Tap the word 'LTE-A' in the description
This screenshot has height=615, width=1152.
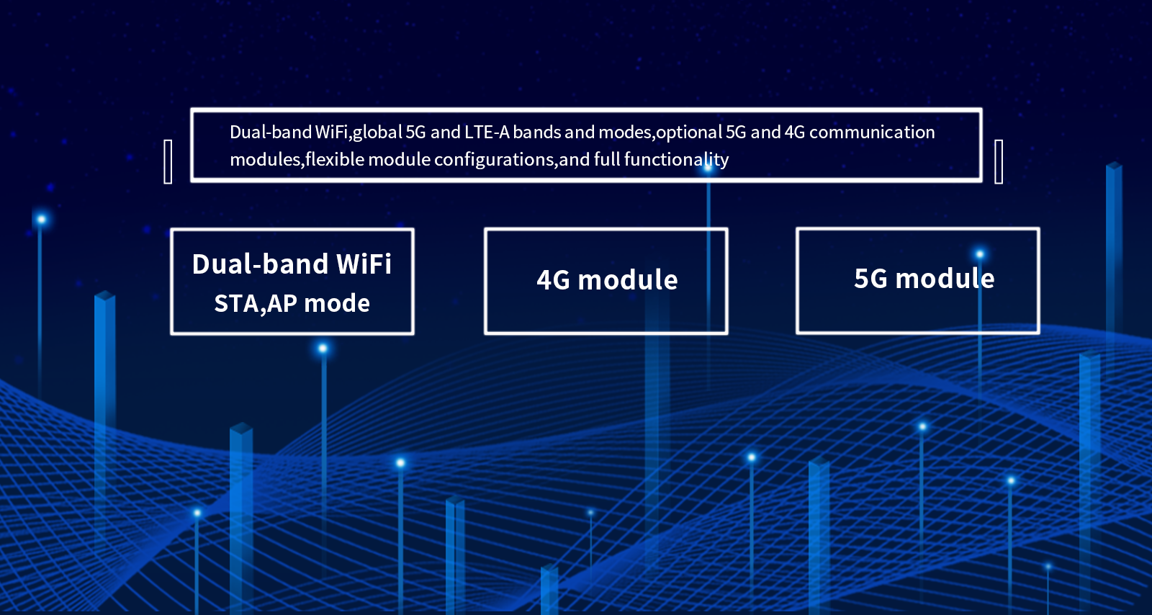click(487, 133)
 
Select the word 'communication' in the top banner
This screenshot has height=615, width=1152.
click(872, 133)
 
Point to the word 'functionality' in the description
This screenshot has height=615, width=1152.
click(676, 160)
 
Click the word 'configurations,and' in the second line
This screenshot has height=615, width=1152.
click(511, 160)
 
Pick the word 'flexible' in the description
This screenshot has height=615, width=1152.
click(334, 159)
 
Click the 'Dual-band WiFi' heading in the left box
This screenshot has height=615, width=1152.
click(292, 264)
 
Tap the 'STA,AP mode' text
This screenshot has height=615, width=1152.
click(292, 303)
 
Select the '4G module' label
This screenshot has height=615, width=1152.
click(607, 280)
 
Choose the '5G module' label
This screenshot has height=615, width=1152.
click(924, 279)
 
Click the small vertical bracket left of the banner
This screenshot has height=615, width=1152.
click(168, 161)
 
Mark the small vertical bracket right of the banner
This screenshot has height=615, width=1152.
click(999, 161)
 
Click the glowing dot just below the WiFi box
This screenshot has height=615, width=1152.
click(323, 349)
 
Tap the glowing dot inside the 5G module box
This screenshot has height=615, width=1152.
click(980, 254)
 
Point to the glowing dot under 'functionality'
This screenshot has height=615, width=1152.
click(708, 167)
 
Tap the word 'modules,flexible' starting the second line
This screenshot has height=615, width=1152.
click(297, 159)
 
